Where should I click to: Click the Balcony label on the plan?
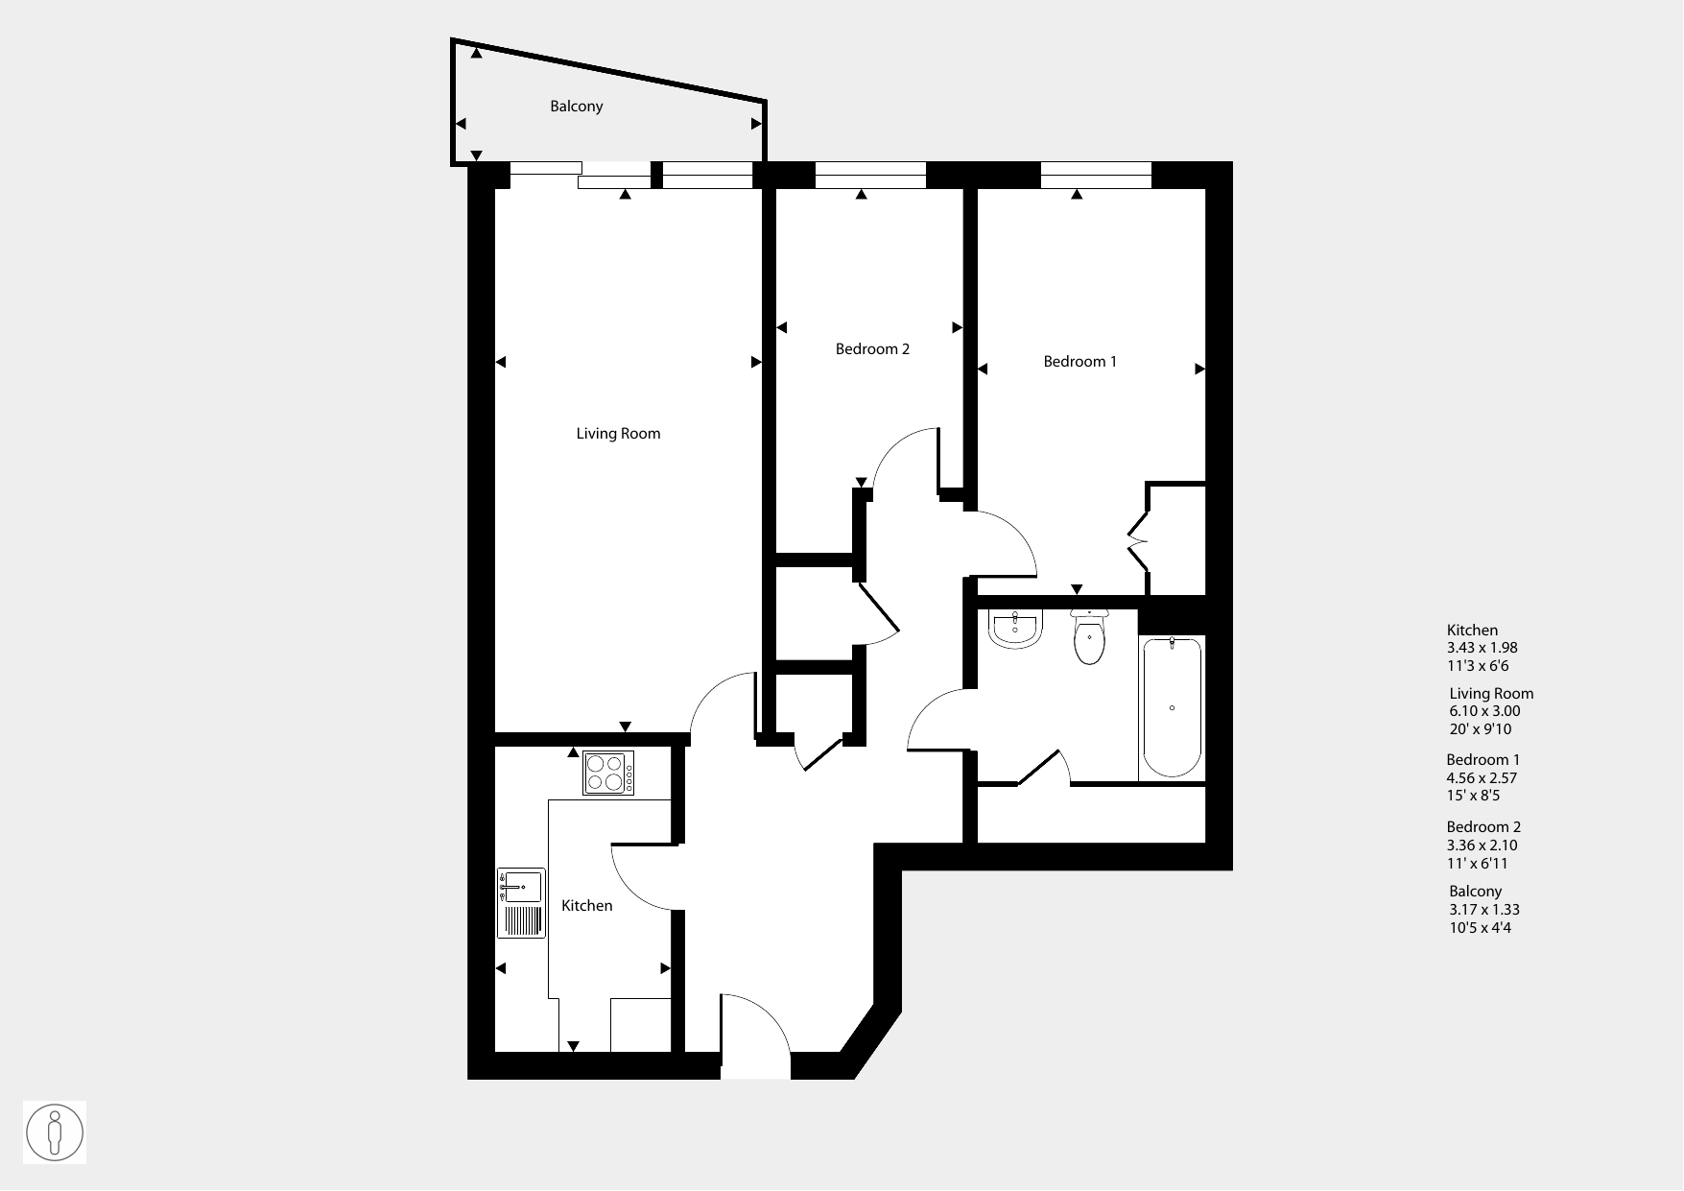coord(576,107)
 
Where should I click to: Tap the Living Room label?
coord(618,434)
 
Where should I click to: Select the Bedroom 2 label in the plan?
coord(872,349)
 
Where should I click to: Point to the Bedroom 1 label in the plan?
coord(1079,362)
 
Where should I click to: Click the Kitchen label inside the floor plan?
coord(586,906)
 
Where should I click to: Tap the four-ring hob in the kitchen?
coord(609,773)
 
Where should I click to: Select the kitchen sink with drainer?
coord(521,903)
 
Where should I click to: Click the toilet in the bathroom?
coord(1089,636)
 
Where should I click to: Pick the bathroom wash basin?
coord(1015,630)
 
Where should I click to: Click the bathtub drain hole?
coord(1172,708)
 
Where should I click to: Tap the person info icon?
coord(55,1132)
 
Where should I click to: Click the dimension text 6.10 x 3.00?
coord(1484,711)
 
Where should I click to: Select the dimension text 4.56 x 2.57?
coord(1482,778)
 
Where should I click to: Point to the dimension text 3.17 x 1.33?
coord(1484,910)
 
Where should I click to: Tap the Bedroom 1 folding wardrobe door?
coord(1138,542)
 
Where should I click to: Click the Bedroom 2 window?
coord(870,175)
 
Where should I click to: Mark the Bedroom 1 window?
coord(1096,175)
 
